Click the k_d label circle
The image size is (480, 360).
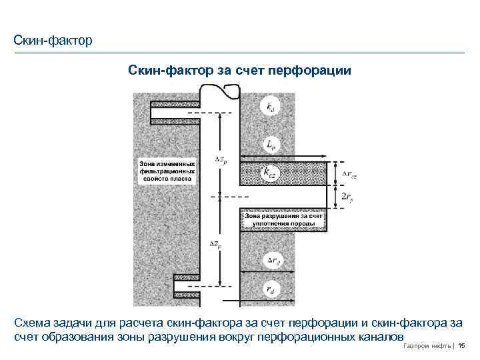[x=269, y=107]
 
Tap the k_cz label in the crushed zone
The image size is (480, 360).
[x=269, y=173]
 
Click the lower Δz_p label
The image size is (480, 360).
[x=215, y=244]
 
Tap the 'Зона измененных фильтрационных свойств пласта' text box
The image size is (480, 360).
[x=167, y=171]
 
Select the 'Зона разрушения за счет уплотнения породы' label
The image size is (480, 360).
[x=283, y=219]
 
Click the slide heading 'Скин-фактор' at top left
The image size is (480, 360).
[x=53, y=41]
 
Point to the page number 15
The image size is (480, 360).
[x=461, y=345]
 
